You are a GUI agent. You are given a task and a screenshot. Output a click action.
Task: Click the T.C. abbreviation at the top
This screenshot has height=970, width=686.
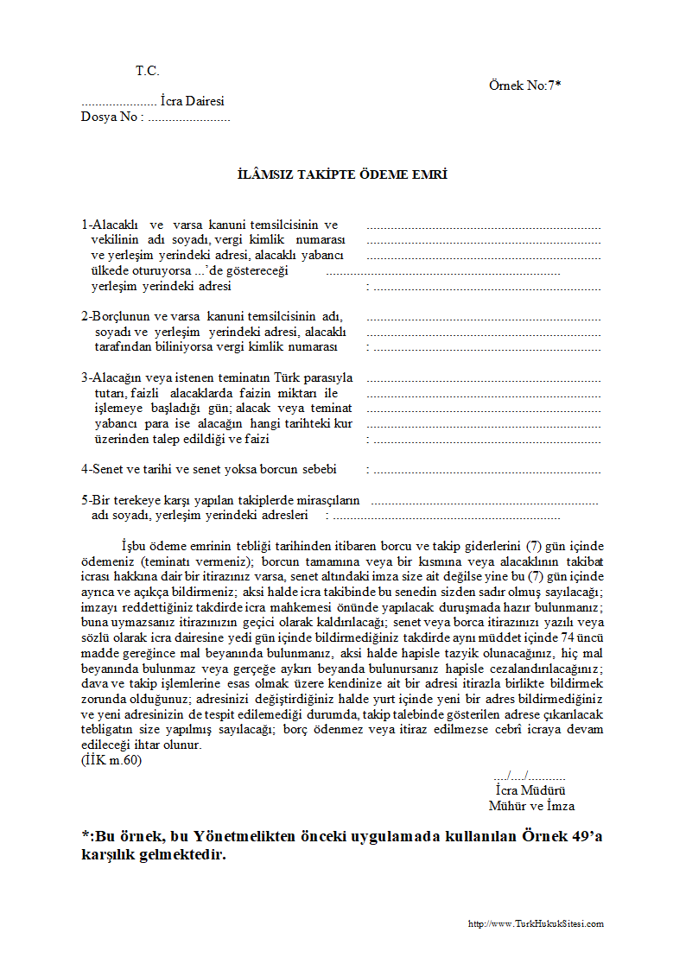click(x=147, y=71)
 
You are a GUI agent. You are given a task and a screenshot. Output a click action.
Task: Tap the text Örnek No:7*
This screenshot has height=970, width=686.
click(x=524, y=85)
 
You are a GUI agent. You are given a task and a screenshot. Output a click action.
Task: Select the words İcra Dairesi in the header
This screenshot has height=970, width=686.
click(x=192, y=101)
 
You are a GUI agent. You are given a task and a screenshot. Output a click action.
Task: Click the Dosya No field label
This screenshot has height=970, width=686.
click(x=110, y=117)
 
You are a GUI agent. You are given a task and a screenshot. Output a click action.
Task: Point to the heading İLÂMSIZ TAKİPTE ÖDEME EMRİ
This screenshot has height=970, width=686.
click(x=342, y=174)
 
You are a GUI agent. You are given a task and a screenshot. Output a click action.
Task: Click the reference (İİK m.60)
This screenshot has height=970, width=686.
click(x=111, y=760)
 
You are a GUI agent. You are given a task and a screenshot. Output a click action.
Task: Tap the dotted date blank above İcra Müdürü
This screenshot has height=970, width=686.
click(x=529, y=775)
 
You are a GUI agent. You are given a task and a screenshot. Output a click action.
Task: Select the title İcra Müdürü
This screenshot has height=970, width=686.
click(x=530, y=790)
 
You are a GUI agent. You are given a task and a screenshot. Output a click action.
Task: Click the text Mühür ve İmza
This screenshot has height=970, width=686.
click(x=531, y=806)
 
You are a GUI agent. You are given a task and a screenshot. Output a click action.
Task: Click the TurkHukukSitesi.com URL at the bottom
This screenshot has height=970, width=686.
click(x=536, y=923)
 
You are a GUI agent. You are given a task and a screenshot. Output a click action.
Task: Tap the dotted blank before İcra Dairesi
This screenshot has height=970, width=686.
click(x=118, y=102)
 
